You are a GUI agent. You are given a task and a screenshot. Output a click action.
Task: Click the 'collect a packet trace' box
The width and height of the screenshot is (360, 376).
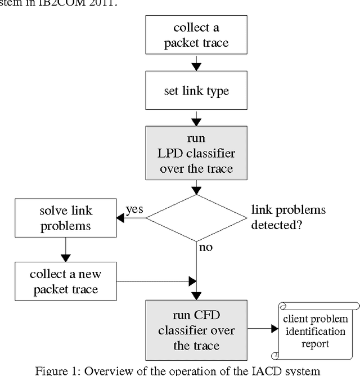point(197,35)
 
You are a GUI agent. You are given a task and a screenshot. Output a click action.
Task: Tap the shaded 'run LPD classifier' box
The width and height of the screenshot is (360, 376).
point(197,154)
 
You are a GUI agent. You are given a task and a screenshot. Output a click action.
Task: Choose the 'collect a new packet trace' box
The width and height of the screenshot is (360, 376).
point(65,282)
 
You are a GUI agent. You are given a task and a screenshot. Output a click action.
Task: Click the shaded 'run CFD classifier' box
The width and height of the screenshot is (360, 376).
point(197,330)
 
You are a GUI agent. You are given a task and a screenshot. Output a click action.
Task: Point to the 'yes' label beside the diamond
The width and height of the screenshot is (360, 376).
point(133,209)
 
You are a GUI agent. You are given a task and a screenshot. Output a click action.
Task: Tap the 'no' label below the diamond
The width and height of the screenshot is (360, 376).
point(206,247)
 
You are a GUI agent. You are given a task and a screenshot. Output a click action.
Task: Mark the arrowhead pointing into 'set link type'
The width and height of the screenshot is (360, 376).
point(196,67)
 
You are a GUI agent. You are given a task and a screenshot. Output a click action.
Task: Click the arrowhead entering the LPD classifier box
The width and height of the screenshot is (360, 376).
point(196,122)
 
